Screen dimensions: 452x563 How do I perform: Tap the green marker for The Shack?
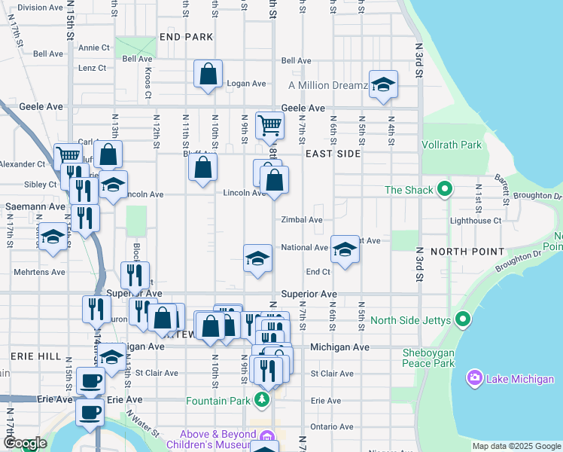[445, 188]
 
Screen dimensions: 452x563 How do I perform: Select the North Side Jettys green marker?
[464, 320]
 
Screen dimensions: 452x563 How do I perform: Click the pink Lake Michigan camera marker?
[475, 377]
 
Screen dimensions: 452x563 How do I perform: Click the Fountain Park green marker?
[262, 399]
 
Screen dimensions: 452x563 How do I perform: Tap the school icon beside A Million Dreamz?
[383, 84]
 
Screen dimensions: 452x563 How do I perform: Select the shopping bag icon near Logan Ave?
[208, 74]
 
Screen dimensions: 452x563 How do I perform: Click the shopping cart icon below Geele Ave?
[269, 124]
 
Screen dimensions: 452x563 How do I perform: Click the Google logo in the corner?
[24, 443]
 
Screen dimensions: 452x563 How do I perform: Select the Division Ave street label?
[40, 8]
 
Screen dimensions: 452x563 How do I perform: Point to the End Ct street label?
[318, 271]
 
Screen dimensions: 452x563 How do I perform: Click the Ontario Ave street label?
[331, 426]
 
